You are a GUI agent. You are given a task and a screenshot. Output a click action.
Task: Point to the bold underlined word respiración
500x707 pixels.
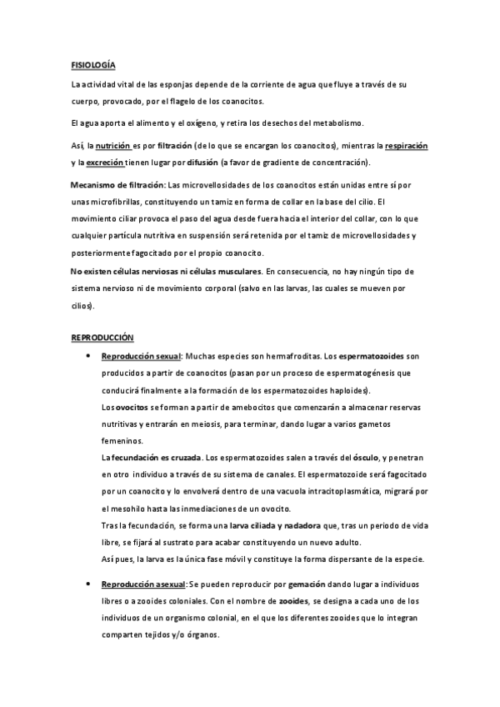coord(406,145)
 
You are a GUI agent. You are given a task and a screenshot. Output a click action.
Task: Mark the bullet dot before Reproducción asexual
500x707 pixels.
coord(87,584)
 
